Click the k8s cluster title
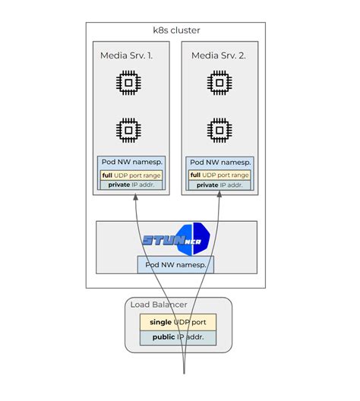176,30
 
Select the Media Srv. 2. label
219,55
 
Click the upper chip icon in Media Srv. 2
219,82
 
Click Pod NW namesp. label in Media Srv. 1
131,162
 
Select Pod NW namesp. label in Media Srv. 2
219,162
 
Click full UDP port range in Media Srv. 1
131,175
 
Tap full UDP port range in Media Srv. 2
219,175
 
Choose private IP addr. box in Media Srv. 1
131,185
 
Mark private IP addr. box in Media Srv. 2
219,185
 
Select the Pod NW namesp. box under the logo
175,264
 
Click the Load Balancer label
159,305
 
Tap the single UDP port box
178,321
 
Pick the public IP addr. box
178,337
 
